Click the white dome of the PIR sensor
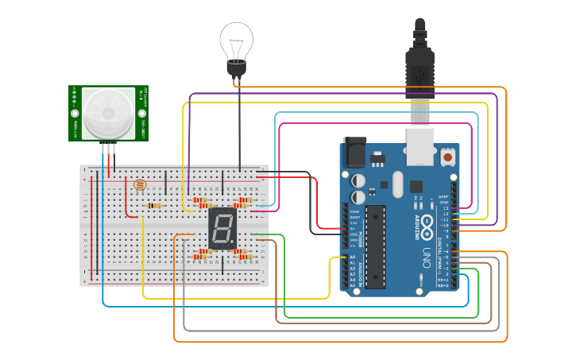[x=106, y=112]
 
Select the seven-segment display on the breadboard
[x=223, y=229]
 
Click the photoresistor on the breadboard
[x=141, y=186]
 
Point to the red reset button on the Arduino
[x=448, y=157]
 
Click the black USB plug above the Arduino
[x=419, y=64]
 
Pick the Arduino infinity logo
[x=427, y=223]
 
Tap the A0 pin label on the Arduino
[x=353, y=257]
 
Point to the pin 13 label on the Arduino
[x=445, y=208]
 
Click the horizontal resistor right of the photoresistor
[x=153, y=206]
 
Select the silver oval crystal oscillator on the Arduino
[x=397, y=185]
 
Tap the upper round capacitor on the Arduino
[x=358, y=180]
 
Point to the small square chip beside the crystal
[x=416, y=187]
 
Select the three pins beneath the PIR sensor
[x=109, y=149]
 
